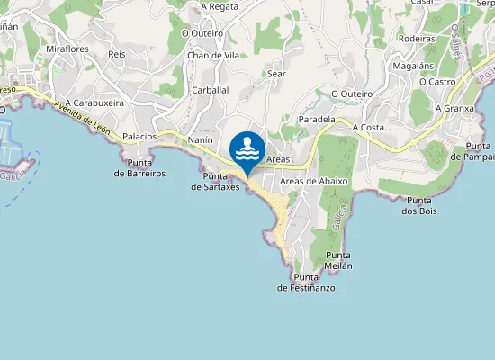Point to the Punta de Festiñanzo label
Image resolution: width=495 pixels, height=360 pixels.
(x=306, y=282)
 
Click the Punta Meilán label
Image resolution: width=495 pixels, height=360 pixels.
(x=332, y=261)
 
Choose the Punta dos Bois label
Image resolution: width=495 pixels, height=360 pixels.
(x=420, y=205)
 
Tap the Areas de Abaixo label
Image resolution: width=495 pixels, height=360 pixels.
(x=314, y=181)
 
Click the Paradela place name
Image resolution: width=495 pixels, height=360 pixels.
(x=316, y=119)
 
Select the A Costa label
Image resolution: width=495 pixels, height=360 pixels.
(x=368, y=128)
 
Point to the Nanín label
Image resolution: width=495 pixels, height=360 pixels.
(x=200, y=140)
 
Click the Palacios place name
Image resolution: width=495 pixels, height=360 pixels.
(x=139, y=136)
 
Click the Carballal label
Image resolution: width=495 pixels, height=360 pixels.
(x=211, y=91)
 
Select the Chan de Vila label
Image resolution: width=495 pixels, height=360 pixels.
(x=211, y=55)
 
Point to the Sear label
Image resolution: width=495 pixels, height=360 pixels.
(x=276, y=74)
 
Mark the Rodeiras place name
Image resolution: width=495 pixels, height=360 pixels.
(x=416, y=39)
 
